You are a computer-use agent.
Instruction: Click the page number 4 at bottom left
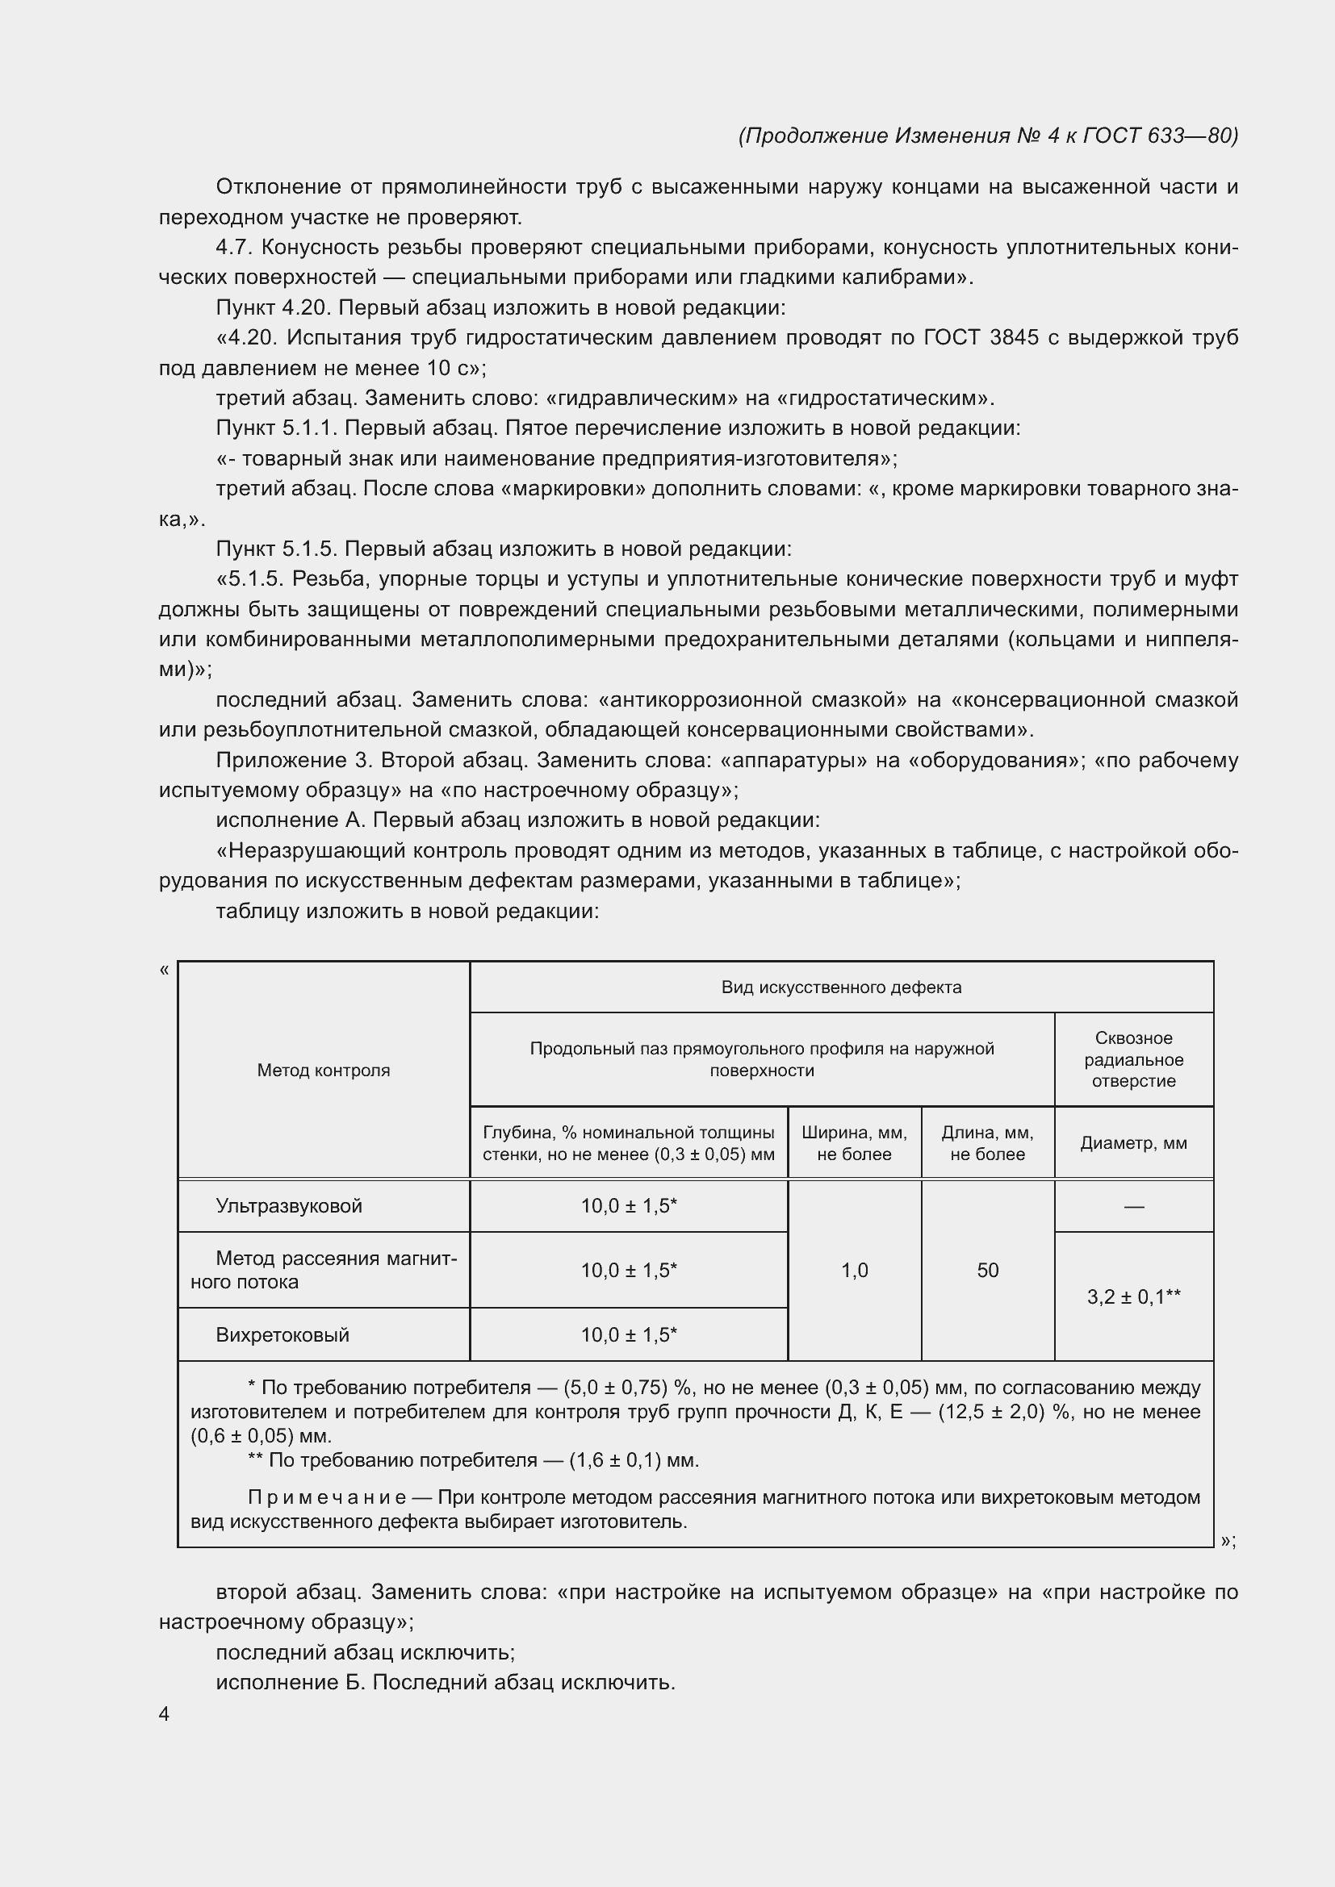[x=165, y=1714]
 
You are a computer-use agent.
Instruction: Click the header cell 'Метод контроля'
[x=323, y=1070]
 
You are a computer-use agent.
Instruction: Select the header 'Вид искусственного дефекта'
[x=841, y=987]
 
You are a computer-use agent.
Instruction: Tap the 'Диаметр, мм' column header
[x=1132, y=1143]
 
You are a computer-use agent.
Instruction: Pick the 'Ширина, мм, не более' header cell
[x=854, y=1143]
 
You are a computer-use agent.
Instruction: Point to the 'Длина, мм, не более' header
[x=987, y=1143]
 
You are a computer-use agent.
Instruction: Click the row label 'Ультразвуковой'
[x=288, y=1205]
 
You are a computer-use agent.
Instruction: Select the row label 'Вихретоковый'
[x=282, y=1334]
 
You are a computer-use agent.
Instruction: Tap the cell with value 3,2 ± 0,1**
[x=1132, y=1297]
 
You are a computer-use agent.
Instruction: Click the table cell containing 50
[x=987, y=1271]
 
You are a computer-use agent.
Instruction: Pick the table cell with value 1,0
[x=854, y=1271]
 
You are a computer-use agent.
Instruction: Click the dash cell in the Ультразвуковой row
[x=1132, y=1206]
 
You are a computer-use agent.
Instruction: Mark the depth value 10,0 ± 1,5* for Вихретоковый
[x=628, y=1334]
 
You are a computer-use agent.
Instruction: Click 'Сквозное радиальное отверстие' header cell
[x=1132, y=1059]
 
